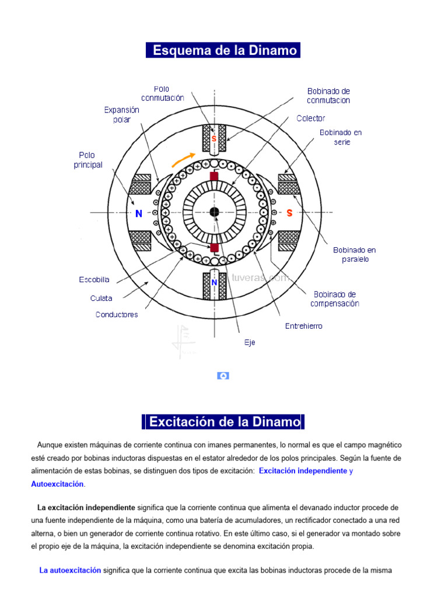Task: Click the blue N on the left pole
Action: [x=139, y=214]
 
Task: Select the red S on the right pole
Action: [x=289, y=213]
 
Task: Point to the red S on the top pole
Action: [x=214, y=139]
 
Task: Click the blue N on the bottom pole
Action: [x=214, y=283]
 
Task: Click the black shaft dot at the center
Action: [x=214, y=212]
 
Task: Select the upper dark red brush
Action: [x=214, y=176]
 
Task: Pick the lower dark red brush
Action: [x=214, y=248]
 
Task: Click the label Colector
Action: [x=311, y=118]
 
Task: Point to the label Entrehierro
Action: [x=303, y=326]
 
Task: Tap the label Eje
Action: [x=250, y=343]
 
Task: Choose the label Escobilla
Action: [x=94, y=280]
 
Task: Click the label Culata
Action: [x=101, y=298]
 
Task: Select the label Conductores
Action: [x=117, y=315]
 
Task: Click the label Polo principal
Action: [x=88, y=160]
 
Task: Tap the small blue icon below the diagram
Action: [x=223, y=376]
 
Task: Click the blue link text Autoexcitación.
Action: [x=57, y=484]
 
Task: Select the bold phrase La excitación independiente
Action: [x=86, y=507]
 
